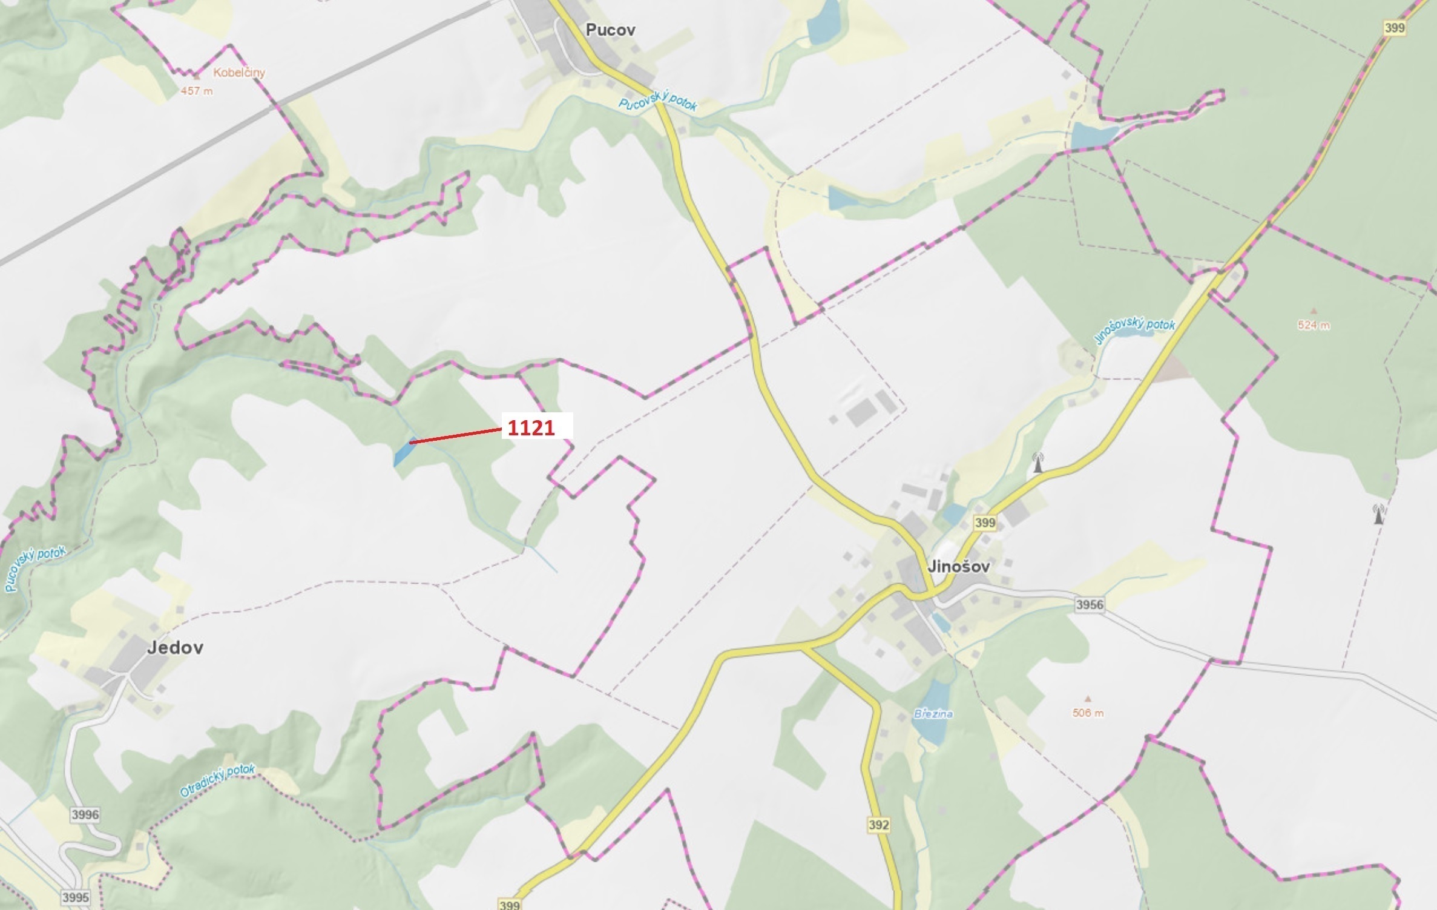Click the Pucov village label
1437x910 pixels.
(x=610, y=30)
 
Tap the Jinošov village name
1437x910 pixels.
(x=959, y=567)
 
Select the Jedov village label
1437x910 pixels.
(x=175, y=647)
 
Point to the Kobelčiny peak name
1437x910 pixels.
(x=239, y=73)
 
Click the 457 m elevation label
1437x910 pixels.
(x=197, y=91)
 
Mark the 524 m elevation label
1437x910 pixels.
(x=1314, y=325)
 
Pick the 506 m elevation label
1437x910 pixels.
(x=1088, y=713)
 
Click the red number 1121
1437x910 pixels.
(x=531, y=428)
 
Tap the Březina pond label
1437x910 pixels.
(x=933, y=714)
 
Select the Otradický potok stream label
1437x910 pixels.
(x=218, y=780)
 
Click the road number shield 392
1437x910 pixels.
(x=878, y=824)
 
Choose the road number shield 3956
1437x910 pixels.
(x=1090, y=604)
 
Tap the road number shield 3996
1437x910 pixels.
(x=85, y=814)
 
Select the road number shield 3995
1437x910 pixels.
(x=75, y=897)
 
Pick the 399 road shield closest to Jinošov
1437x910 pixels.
(x=985, y=523)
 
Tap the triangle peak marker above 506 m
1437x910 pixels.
(x=1088, y=698)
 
